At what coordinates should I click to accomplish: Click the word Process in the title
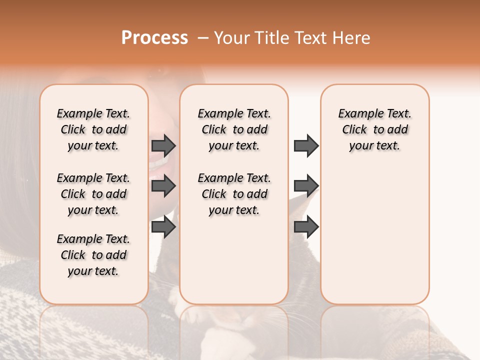[x=154, y=38]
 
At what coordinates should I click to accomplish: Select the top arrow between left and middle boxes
[x=163, y=145]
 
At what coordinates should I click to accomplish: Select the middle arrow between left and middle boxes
[x=163, y=186]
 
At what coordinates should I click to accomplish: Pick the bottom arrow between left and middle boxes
[x=163, y=227]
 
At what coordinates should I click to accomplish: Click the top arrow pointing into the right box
[x=306, y=145]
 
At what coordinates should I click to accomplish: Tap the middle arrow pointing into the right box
[x=306, y=186]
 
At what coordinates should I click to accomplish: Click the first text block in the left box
[x=93, y=129]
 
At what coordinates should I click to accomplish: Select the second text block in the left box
[x=93, y=194]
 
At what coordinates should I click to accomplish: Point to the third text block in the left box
[x=93, y=255]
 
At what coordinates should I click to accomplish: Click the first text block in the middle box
[x=234, y=129]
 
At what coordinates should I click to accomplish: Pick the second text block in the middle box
[x=234, y=194]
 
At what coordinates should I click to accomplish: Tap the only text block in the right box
[x=374, y=129]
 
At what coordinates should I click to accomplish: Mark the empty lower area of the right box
[x=374, y=235]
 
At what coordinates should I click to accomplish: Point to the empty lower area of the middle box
[x=234, y=260]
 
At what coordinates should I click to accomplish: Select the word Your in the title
[x=230, y=38]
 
